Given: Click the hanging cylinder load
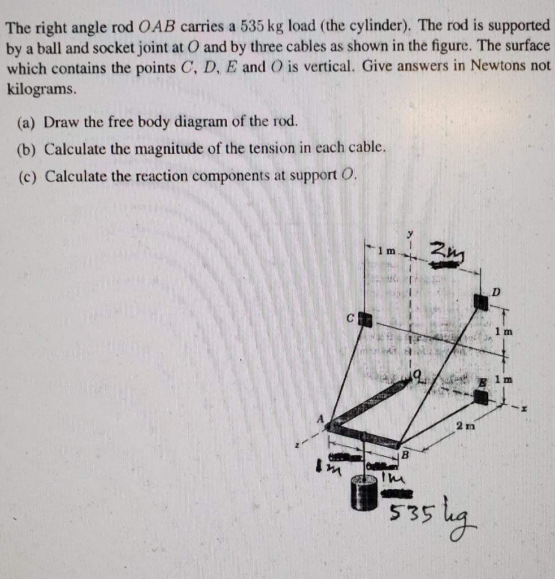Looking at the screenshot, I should click(x=364, y=493).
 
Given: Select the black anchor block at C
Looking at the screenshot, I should click(x=366, y=319).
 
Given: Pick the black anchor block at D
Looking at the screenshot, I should click(x=481, y=302).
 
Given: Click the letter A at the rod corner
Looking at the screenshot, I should click(x=320, y=419).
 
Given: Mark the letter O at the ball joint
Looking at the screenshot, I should click(x=418, y=374).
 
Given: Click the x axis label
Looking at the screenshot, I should click(x=524, y=408).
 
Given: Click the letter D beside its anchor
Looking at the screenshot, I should click(x=496, y=292).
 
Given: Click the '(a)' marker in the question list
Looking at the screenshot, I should click(x=28, y=122).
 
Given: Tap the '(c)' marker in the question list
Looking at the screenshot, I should click(x=28, y=176).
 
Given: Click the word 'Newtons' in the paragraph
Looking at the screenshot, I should click(x=500, y=66).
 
